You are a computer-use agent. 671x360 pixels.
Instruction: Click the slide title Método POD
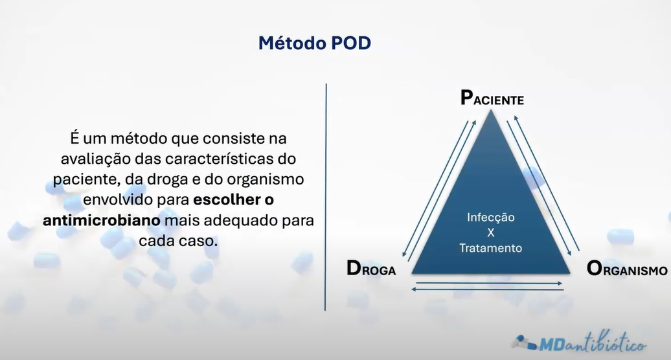(315, 43)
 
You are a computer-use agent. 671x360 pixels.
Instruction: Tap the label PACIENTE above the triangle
(492, 99)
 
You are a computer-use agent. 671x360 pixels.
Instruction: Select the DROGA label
(371, 269)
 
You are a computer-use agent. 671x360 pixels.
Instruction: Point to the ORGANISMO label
(626, 269)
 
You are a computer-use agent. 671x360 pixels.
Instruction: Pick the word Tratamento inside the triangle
(490, 247)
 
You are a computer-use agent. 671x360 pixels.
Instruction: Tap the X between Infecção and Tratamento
(490, 233)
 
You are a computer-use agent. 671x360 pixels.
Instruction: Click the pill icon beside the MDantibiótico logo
(525, 341)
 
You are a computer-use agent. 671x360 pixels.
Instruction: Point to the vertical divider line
(326, 194)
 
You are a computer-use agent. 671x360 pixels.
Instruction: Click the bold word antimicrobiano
(102, 221)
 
